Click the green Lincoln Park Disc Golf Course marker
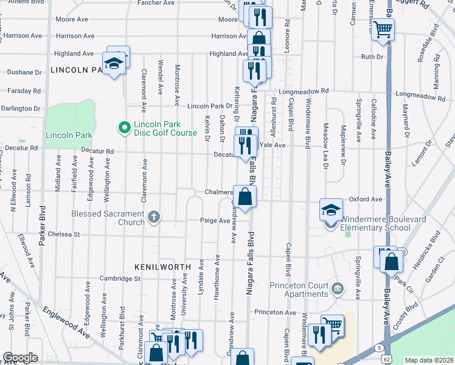pos(125,127)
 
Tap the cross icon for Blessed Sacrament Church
pos(155,215)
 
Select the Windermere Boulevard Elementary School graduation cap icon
pos(330,210)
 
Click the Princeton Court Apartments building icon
pos(335,287)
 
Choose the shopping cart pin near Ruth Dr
pos(383,29)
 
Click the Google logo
pos(19,358)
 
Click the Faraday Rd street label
pos(24,91)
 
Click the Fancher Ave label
pos(156,3)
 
